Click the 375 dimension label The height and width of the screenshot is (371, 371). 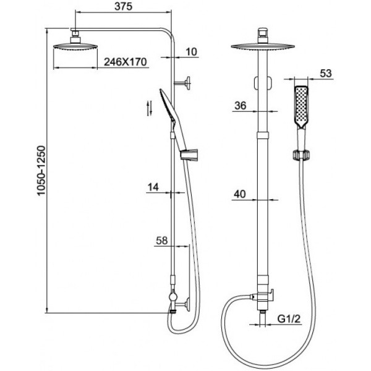(x=123, y=6)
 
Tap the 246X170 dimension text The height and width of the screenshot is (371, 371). (x=126, y=62)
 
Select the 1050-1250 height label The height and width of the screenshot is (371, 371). (x=41, y=171)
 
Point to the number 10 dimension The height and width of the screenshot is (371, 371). (x=192, y=52)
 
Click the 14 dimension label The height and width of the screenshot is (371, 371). (x=153, y=187)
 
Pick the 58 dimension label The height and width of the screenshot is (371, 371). (x=162, y=241)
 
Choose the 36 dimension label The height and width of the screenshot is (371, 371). (x=240, y=106)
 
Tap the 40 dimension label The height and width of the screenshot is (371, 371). (x=240, y=194)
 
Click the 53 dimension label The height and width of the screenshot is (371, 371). (x=326, y=74)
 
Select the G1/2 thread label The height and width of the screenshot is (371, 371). (x=289, y=319)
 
